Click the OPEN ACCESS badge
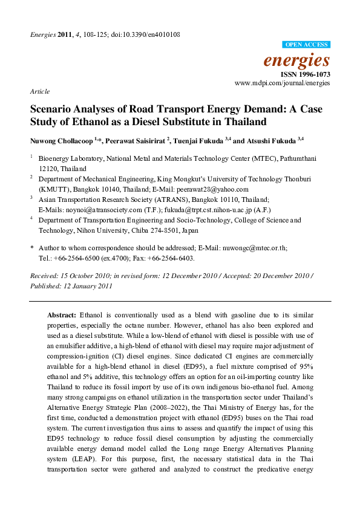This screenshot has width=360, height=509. coord(307,45)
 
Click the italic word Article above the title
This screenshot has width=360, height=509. coord(39,91)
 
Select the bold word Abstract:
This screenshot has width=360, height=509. coord(62,316)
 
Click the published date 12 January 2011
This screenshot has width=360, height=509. coord(83,285)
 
